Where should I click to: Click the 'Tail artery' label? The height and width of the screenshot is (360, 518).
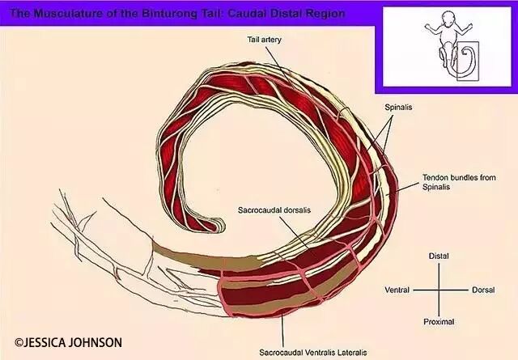pyautogui.click(x=265, y=40)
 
